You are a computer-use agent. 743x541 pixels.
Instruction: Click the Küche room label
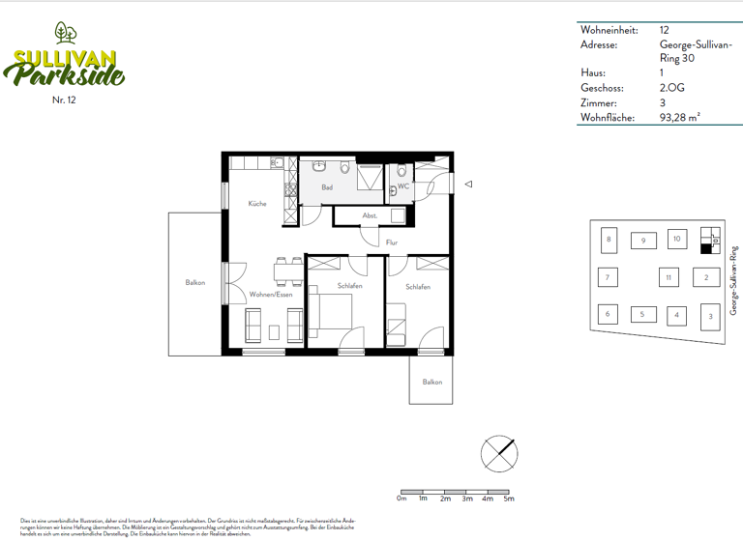[256, 204]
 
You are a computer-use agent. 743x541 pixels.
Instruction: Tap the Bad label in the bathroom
[327, 187]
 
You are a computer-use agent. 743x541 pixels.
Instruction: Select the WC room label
[404, 186]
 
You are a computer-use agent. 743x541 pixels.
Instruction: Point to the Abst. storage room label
[370, 215]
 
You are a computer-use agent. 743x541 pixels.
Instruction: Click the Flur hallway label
[392, 242]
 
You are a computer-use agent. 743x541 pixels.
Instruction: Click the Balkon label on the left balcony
[195, 282]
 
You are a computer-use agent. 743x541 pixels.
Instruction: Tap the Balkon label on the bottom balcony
[431, 383]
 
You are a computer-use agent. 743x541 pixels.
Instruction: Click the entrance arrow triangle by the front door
[467, 184]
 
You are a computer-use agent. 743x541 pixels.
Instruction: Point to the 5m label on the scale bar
[509, 498]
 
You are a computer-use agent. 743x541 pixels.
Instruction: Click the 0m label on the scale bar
[402, 498]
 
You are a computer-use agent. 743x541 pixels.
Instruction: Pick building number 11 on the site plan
[668, 278]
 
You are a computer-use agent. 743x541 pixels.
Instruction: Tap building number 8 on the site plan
[609, 240]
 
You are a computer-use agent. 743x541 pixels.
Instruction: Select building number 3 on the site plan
[710, 316]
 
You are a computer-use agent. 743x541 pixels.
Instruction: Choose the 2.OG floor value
[670, 87]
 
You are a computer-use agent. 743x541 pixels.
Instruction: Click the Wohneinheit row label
[609, 31]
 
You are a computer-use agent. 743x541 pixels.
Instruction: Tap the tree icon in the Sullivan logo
[67, 33]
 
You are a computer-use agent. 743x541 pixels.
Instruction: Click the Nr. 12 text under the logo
[65, 100]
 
